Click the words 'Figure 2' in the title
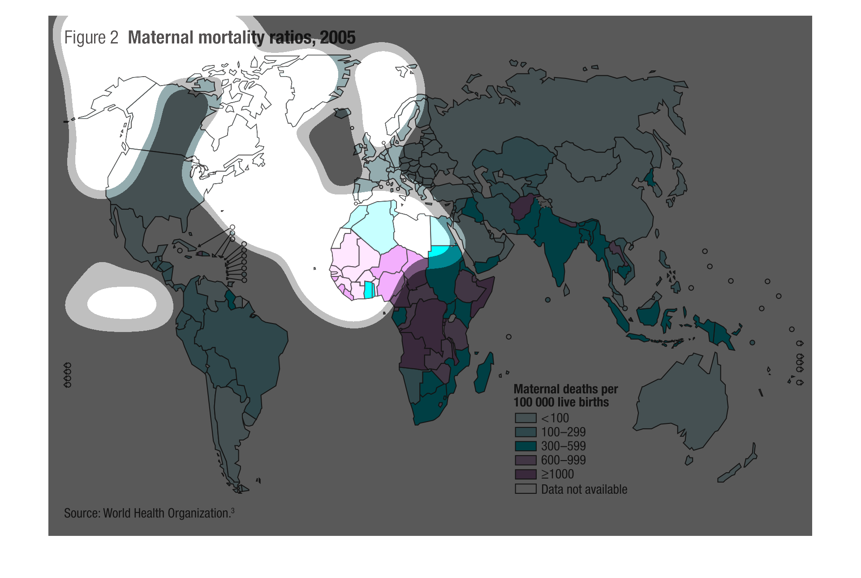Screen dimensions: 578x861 pyautogui.click(x=91, y=38)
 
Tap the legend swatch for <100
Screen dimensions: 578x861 pyautogui.click(x=525, y=418)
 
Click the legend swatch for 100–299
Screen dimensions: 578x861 pyautogui.click(x=525, y=432)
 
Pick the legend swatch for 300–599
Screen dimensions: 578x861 pyautogui.click(x=525, y=446)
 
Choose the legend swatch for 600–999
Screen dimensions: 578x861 pyautogui.click(x=525, y=460)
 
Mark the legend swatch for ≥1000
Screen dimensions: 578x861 pyautogui.click(x=525, y=474)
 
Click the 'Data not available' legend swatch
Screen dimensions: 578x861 pyautogui.click(x=525, y=489)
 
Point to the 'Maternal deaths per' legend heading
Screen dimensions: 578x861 pyautogui.click(x=565, y=389)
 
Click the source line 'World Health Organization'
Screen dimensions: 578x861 pyautogui.click(x=166, y=513)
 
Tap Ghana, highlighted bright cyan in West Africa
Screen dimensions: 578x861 pyautogui.click(x=369, y=290)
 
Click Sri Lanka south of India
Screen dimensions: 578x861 pyautogui.click(x=567, y=290)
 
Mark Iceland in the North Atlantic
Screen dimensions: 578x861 pyautogui.click(x=343, y=113)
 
